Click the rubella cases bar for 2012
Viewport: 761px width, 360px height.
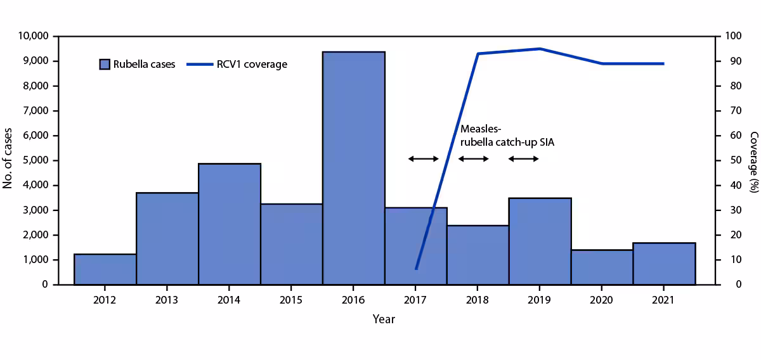coord(105,269)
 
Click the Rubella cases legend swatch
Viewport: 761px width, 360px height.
coord(105,64)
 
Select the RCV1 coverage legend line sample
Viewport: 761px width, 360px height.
coord(202,64)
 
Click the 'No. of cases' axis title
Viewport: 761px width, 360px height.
coord(9,160)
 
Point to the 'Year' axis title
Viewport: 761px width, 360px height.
coord(384,319)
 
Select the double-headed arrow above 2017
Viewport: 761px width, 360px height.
coord(423,158)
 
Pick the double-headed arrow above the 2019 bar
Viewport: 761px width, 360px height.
coord(524,158)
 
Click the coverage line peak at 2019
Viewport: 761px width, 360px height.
coord(539,49)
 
